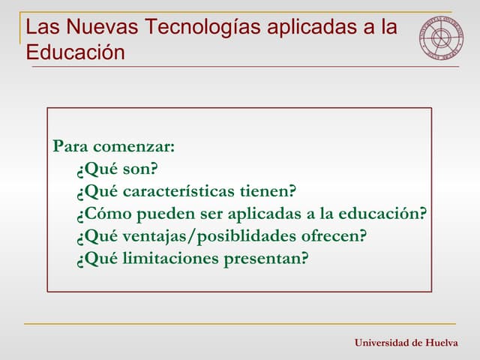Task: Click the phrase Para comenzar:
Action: (x=113, y=145)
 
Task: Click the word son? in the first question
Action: (x=140, y=168)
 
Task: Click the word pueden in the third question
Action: (x=160, y=214)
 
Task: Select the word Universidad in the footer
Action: (x=382, y=343)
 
